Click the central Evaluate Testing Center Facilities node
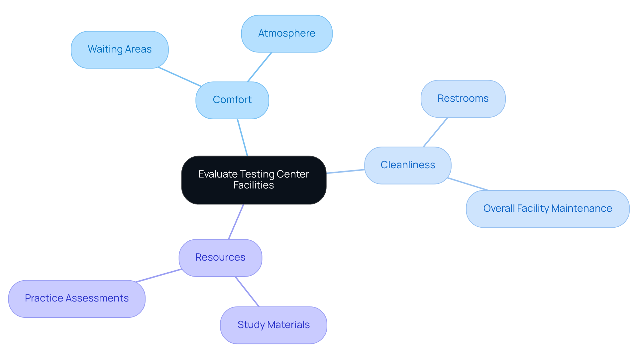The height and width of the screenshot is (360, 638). coord(254,180)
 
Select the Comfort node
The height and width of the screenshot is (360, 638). coord(232,100)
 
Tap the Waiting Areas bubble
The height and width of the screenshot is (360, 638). coord(120,50)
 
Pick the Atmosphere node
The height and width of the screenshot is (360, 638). coord(286,34)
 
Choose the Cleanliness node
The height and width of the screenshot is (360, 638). coord(407,165)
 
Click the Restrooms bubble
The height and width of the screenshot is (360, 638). coord(463,99)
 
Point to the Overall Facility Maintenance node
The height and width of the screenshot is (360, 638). coord(547,209)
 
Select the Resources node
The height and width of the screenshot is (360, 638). coord(220,258)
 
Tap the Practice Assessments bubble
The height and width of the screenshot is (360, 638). coord(77,299)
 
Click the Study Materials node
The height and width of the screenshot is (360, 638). coord(273,325)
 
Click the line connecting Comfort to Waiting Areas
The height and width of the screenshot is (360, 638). coord(180,77)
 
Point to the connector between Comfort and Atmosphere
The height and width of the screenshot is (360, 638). coord(260,67)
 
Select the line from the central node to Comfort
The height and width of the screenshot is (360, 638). coord(243,137)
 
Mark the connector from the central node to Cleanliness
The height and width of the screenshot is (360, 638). coord(346,172)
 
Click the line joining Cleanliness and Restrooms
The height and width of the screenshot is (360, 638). coord(436,132)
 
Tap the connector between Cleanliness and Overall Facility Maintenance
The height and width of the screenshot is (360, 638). coord(468,184)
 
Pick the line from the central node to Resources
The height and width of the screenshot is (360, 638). coord(236,222)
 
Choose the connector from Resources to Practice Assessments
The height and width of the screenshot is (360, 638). coord(159,276)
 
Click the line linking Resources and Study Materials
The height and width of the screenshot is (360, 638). coord(247,291)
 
